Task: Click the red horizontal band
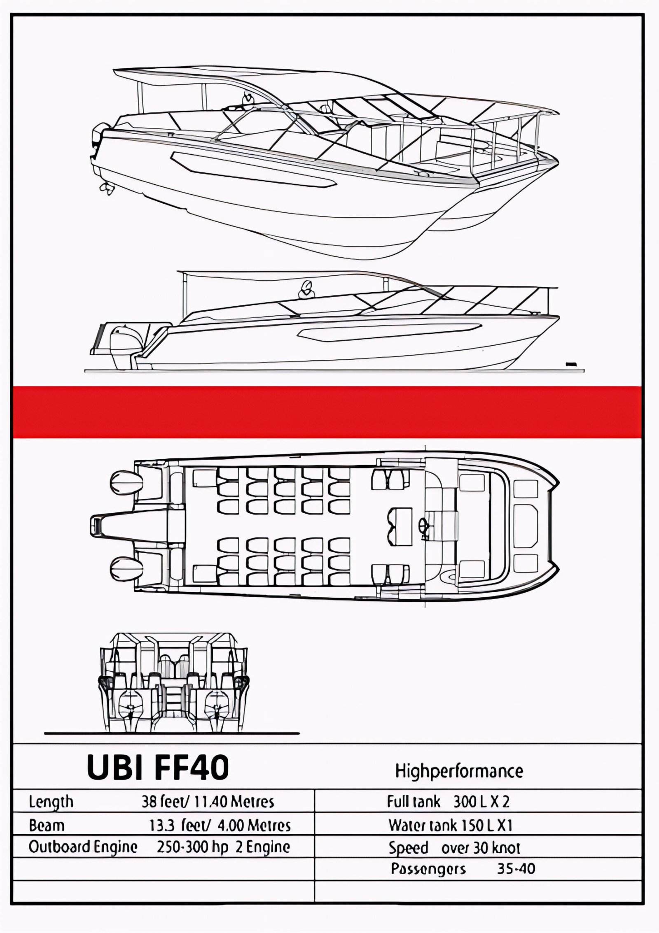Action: [x=327, y=412]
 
